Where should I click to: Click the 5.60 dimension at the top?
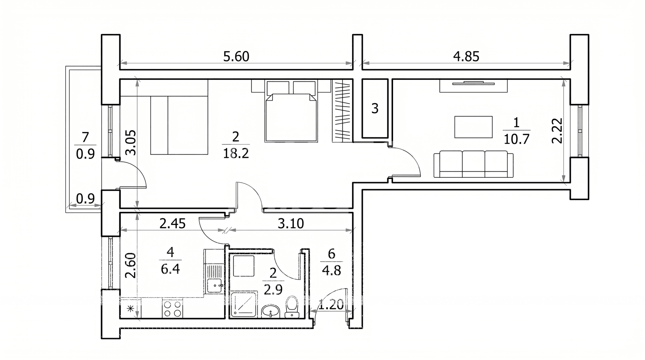pos(236,56)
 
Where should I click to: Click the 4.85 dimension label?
pos(466,56)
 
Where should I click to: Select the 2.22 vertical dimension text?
pos(557,131)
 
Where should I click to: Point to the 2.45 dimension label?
pos(172,223)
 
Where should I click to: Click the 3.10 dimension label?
pos(291,223)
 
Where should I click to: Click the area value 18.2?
pos(235,153)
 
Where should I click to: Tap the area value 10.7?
pos(516,139)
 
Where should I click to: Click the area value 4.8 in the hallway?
pos(331,270)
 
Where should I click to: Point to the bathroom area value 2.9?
pos(273,289)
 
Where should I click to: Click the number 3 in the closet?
pos(375,108)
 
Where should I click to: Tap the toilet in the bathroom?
pos(291,307)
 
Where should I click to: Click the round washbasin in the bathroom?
pos(270,311)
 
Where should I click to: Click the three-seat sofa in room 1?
pos(474,164)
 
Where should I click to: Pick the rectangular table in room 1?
pos(473,127)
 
